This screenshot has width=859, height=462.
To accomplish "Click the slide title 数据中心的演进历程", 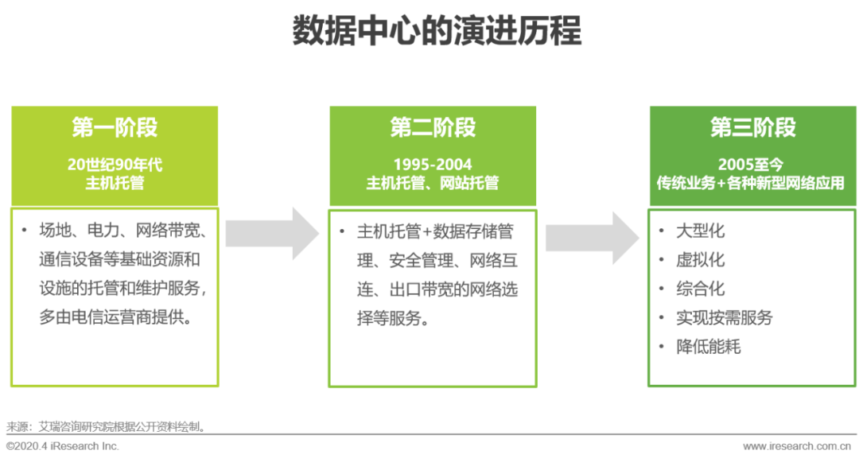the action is pos(437,31).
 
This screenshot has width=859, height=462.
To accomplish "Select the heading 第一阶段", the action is pos(115,128).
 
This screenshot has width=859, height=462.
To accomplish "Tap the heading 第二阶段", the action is pos(433,128).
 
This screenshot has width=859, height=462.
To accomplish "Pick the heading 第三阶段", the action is pos(752,128).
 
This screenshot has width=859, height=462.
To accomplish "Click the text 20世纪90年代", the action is pos(115,165).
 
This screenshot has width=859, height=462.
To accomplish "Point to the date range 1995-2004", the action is pos(433,165).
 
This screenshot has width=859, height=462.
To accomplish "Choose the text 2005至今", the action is pos(752,165).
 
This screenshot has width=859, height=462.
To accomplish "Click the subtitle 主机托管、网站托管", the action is pos(433,184).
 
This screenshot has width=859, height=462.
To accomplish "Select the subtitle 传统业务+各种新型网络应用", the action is pos(752,184).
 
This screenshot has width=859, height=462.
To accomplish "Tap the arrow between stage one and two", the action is pos(273,234).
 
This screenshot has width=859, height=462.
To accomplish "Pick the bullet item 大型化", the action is pos(700,231).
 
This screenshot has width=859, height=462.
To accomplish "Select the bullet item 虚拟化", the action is pos(700,260).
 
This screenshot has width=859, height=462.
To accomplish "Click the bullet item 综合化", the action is pos(700,289).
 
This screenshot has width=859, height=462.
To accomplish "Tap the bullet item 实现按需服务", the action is pos(724,317).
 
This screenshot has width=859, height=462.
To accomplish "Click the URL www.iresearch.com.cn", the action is pos(799,446).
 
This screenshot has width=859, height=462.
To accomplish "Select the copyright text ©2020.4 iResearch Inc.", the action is pos(63,446).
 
